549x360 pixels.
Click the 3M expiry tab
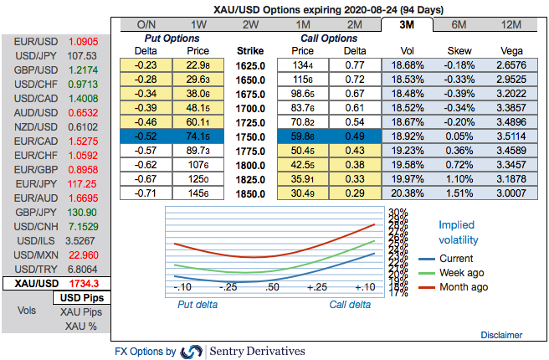407,24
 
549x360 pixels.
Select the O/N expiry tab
146,24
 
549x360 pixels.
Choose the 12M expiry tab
511,24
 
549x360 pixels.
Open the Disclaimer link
501,334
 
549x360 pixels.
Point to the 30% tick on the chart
398,212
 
